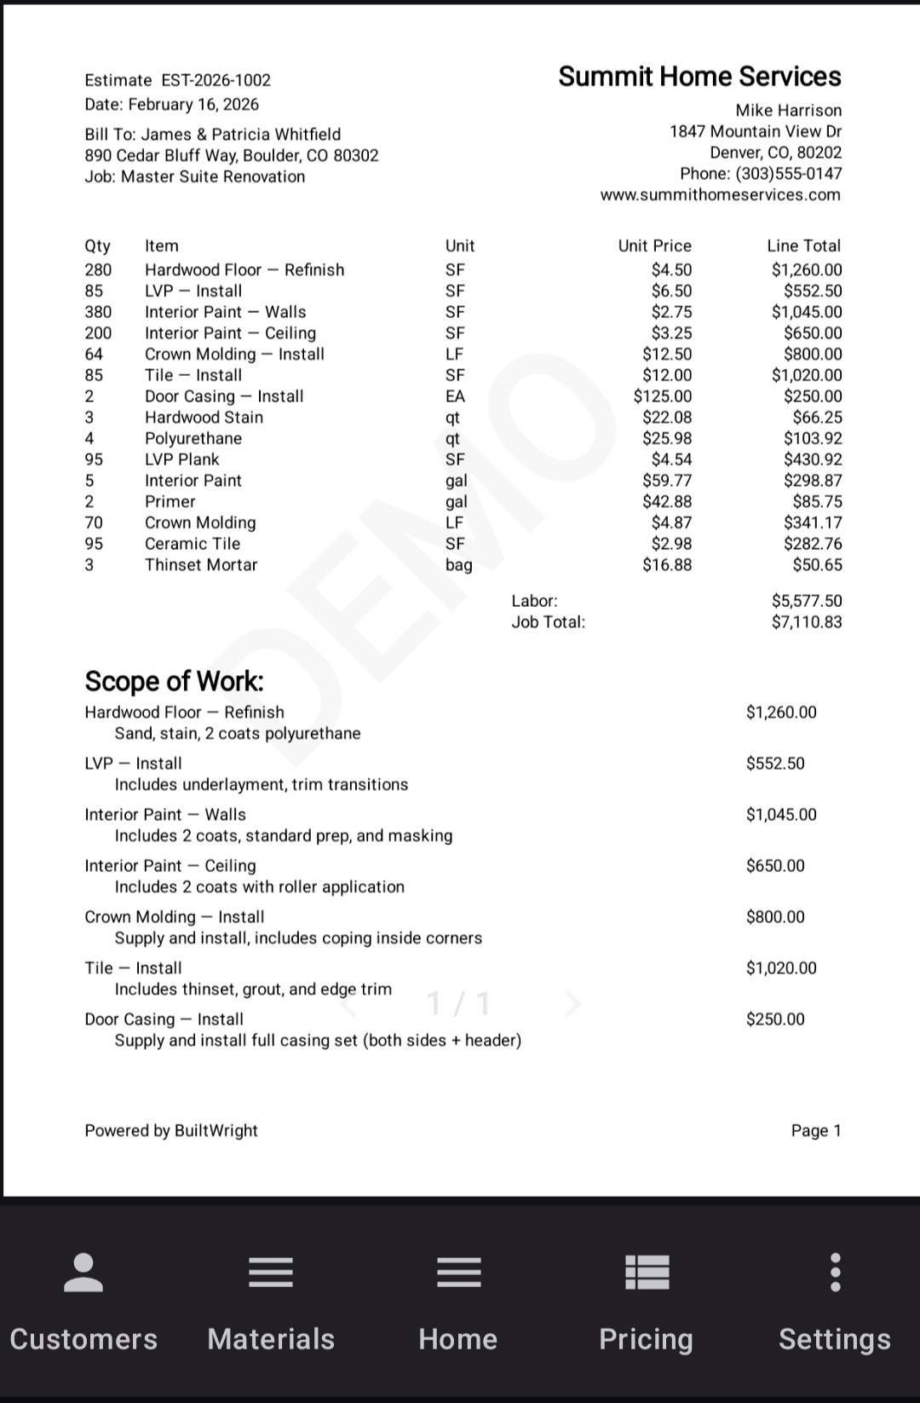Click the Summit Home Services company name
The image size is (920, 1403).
click(x=699, y=77)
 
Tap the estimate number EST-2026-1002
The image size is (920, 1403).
click(x=216, y=80)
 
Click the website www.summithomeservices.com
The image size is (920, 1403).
click(x=720, y=195)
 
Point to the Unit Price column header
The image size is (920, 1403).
click(x=654, y=246)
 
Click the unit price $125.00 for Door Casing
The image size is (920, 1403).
click(x=663, y=396)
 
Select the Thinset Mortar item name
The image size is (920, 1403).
click(x=201, y=565)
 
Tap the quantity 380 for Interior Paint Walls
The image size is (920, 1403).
click(x=98, y=312)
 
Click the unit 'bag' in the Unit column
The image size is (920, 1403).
click(x=458, y=565)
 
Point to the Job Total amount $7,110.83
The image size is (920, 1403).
click(x=806, y=622)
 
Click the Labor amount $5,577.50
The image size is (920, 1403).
click(x=806, y=601)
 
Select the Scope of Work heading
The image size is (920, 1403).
click(x=174, y=681)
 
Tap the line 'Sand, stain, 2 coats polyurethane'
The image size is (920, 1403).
click(x=238, y=734)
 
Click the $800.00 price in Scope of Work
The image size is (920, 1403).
click(x=775, y=917)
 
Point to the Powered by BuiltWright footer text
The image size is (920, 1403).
click(x=171, y=1131)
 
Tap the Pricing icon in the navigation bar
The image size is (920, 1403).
click(x=647, y=1273)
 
